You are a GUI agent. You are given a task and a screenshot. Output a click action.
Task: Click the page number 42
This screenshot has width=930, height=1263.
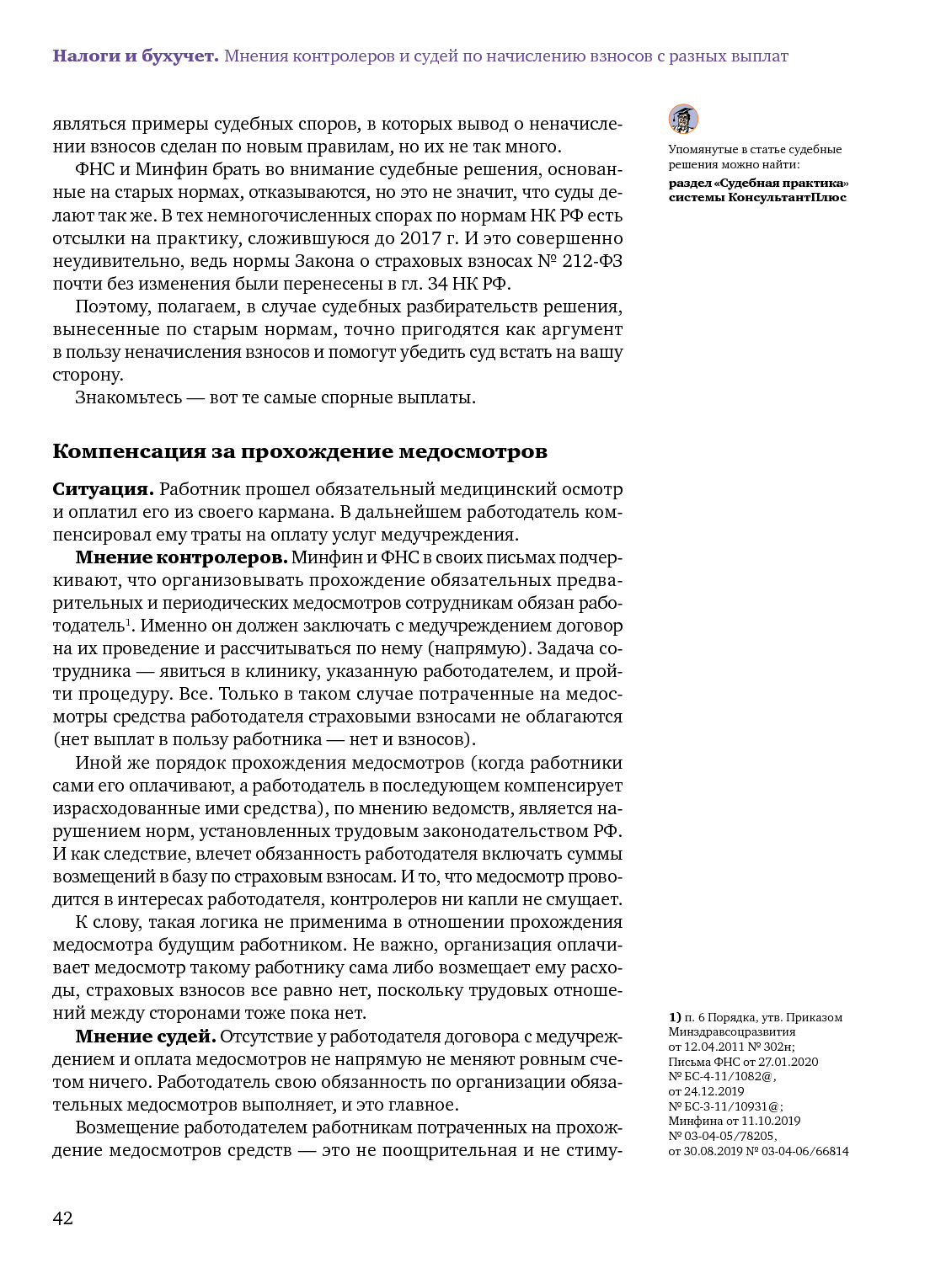click(x=63, y=1218)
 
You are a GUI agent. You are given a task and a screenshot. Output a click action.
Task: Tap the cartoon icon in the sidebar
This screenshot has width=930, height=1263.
click(x=683, y=119)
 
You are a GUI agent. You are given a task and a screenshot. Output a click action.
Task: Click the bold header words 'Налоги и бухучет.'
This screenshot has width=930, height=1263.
click(x=135, y=56)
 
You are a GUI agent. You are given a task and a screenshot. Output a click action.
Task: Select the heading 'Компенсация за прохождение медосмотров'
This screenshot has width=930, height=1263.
click(x=300, y=451)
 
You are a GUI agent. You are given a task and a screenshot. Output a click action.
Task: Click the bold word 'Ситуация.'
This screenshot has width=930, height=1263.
click(x=103, y=489)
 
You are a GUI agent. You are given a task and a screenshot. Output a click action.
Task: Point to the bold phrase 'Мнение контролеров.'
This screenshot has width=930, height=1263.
click(x=181, y=557)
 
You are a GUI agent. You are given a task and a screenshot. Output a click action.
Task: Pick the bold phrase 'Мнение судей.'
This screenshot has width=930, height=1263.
click(x=146, y=1036)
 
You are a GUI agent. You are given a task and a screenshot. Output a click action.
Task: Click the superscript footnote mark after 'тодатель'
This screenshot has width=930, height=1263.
click(x=128, y=621)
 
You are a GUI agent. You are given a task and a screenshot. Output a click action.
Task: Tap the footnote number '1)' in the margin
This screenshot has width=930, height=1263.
click(x=675, y=1017)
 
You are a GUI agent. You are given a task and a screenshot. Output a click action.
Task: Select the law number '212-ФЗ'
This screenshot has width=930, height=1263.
click(x=592, y=261)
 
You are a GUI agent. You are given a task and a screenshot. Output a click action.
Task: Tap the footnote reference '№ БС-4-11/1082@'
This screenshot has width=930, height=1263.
click(x=722, y=1076)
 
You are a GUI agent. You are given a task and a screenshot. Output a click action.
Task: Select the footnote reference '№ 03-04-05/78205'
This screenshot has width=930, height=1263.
click(x=722, y=1136)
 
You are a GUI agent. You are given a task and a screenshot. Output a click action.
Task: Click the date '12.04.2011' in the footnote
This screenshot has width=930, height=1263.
click(x=715, y=1047)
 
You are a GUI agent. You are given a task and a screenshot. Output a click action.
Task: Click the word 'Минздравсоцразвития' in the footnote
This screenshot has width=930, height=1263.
click(x=731, y=1031)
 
